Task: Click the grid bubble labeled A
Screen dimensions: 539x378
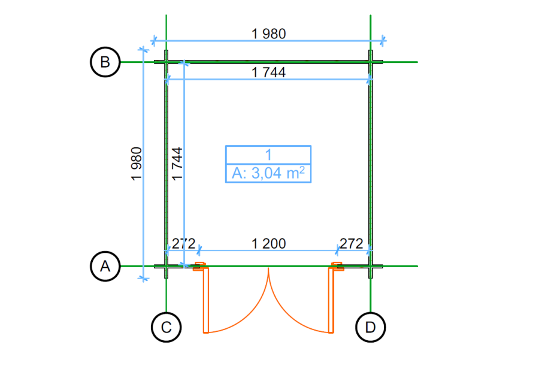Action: (x=105, y=266)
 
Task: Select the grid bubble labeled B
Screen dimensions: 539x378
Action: (x=105, y=62)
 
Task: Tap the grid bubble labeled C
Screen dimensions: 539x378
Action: (x=166, y=327)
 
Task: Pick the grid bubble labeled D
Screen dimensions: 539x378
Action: (x=371, y=327)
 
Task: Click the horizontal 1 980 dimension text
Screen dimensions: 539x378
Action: (x=269, y=34)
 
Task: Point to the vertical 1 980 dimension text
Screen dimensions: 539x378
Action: (x=137, y=164)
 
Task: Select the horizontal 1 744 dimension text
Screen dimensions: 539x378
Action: (x=269, y=72)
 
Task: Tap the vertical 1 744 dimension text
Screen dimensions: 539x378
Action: (x=177, y=164)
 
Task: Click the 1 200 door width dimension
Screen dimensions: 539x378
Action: (x=269, y=244)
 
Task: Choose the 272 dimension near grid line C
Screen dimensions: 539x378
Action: (x=184, y=244)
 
